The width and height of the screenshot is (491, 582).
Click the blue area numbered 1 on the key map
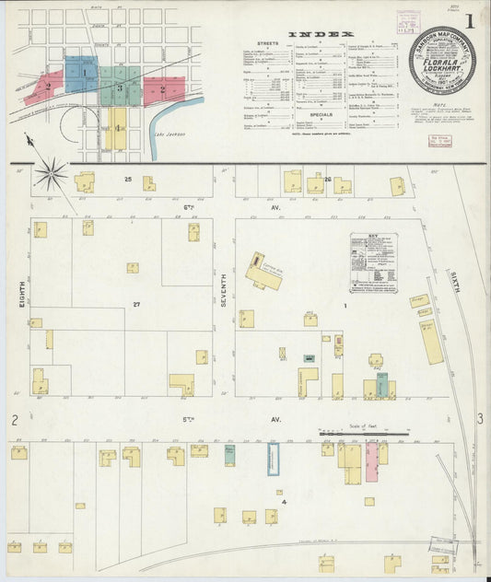(85, 71)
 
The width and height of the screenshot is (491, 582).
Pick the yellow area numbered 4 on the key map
(117, 128)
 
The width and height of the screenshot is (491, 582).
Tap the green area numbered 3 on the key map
(120, 88)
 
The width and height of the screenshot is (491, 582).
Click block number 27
(135, 304)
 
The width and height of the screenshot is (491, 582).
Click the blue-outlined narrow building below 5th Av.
(274, 459)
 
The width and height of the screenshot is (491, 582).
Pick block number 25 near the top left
(129, 178)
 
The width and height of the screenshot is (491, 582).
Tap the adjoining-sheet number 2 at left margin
(16, 421)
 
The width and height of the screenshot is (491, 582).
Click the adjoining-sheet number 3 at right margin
(480, 419)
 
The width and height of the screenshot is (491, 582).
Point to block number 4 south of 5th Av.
(285, 502)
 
